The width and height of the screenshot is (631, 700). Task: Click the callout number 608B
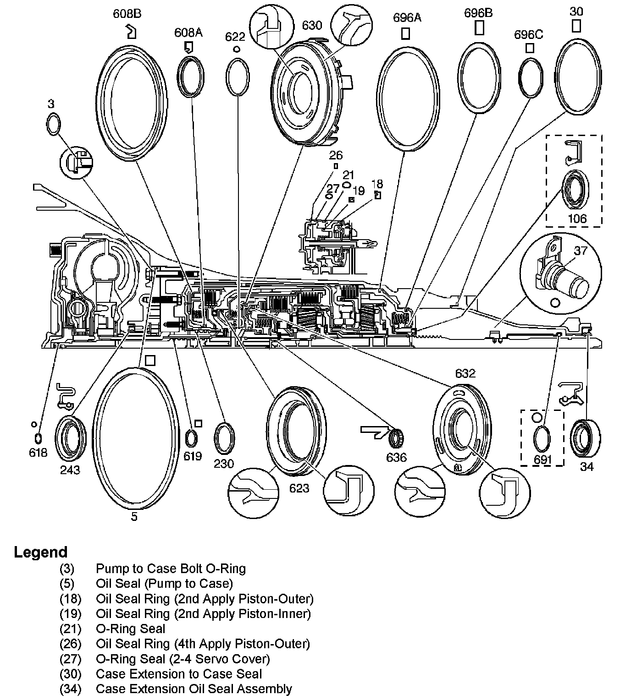(x=127, y=14)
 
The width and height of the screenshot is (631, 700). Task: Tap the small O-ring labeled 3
(x=53, y=124)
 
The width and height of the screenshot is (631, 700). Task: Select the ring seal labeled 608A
(x=191, y=77)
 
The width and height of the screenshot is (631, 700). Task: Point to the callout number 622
(x=235, y=37)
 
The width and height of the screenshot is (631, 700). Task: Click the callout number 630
(x=312, y=25)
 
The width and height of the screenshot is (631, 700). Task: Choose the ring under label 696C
(x=531, y=78)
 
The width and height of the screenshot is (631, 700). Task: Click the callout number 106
(x=577, y=219)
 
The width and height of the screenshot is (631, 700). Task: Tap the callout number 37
(x=581, y=251)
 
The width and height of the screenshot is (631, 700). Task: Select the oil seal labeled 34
(x=586, y=438)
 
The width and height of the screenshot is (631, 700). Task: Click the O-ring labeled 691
(x=542, y=438)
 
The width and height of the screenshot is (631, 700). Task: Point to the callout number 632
(x=465, y=373)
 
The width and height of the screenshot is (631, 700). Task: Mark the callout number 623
(x=299, y=488)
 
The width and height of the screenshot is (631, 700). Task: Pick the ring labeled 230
(x=225, y=438)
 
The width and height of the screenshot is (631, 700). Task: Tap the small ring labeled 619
(x=192, y=439)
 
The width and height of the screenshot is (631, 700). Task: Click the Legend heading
(x=41, y=552)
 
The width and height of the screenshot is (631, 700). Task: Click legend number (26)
(x=70, y=644)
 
